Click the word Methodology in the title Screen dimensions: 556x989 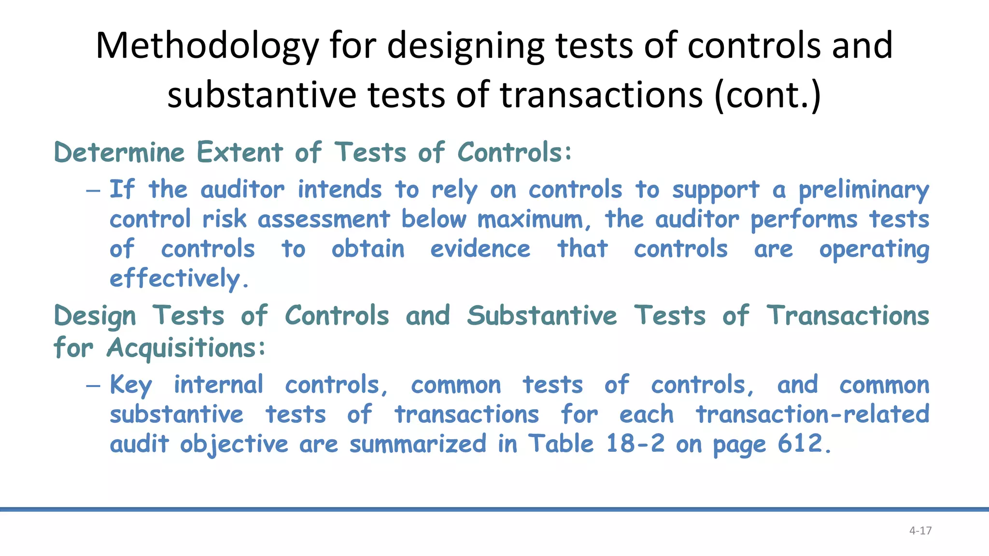[207, 45]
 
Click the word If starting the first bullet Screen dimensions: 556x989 [122, 189]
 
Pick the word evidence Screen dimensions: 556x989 [480, 249]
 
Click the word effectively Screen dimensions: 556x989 [179, 279]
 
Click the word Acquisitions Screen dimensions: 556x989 [186, 348]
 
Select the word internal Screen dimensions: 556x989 [218, 385]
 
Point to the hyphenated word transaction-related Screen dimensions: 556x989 [812, 415]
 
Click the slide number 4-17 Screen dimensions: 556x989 [920, 531]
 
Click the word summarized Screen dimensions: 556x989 [418, 444]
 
